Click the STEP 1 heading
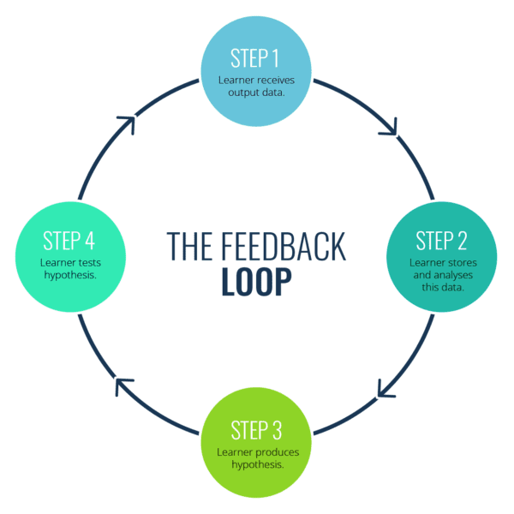255,58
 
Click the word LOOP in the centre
256,282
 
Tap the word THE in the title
187,246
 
